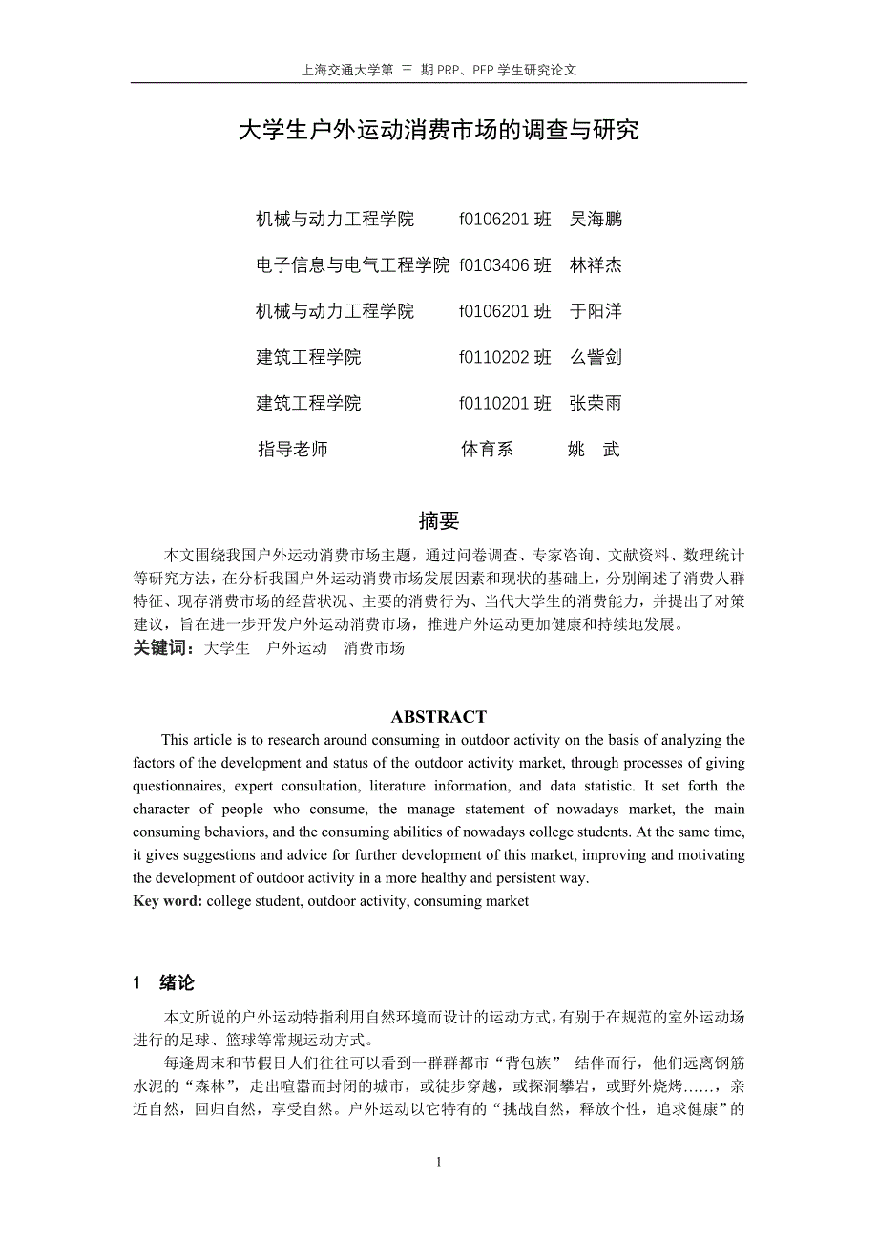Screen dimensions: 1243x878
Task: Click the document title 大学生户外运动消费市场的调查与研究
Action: coord(438,131)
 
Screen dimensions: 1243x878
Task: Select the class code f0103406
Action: coord(493,265)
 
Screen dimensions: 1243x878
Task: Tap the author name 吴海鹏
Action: coord(596,220)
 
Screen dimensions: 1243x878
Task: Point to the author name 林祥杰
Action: coord(596,265)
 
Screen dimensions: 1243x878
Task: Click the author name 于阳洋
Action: coord(596,311)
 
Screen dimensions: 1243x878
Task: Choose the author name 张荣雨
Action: coord(596,403)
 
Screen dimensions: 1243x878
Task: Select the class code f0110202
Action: coord(493,357)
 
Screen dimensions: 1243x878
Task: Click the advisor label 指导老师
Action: coord(293,449)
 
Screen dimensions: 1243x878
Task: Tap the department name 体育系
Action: coord(487,449)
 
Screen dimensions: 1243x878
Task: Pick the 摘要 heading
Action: coord(439,520)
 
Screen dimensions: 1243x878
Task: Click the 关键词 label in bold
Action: coord(163,648)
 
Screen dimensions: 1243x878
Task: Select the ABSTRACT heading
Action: coord(439,717)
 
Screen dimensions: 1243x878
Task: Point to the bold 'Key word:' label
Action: coord(168,900)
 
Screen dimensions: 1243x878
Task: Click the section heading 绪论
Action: coord(177,983)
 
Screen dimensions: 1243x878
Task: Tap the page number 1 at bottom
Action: coord(439,1162)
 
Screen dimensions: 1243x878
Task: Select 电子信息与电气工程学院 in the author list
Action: coord(352,265)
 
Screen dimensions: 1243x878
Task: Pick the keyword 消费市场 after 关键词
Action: coord(374,648)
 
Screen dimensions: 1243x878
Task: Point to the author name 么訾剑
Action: coord(596,357)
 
